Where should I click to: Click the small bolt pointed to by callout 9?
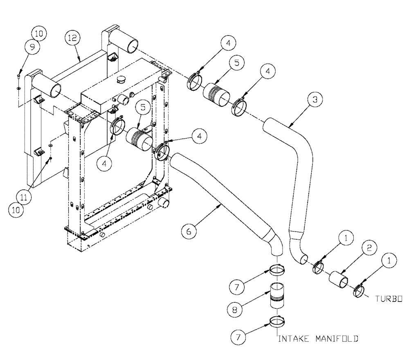point(19,76)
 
